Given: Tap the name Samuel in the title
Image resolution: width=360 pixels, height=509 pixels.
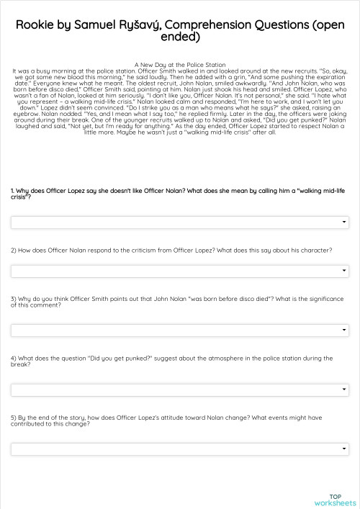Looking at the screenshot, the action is coord(99,24).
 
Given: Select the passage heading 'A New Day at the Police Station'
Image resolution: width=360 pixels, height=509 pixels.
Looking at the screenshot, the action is coord(180,65).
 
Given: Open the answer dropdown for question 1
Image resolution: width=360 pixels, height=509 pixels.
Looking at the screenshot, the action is coord(180,222).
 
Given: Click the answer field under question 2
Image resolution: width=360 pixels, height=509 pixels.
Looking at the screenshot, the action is coord(180,271).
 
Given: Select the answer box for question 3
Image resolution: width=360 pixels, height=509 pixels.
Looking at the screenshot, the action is coord(180,330).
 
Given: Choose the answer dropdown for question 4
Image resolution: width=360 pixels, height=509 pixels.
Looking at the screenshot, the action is coord(180,389).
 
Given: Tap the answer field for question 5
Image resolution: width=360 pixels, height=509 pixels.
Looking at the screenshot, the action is coord(180,449).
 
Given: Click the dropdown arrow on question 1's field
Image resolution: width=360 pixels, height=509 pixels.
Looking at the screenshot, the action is coord(346,222).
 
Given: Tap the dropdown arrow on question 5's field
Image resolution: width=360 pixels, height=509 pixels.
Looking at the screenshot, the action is coord(346,449).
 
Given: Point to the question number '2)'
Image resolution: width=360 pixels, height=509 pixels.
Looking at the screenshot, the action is coord(13,250).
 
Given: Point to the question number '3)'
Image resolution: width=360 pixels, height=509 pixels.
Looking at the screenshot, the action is coord(13,298).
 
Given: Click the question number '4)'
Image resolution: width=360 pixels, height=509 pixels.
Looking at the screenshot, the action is coord(13,358).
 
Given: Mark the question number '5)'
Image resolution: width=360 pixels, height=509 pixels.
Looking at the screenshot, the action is coord(13,417).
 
